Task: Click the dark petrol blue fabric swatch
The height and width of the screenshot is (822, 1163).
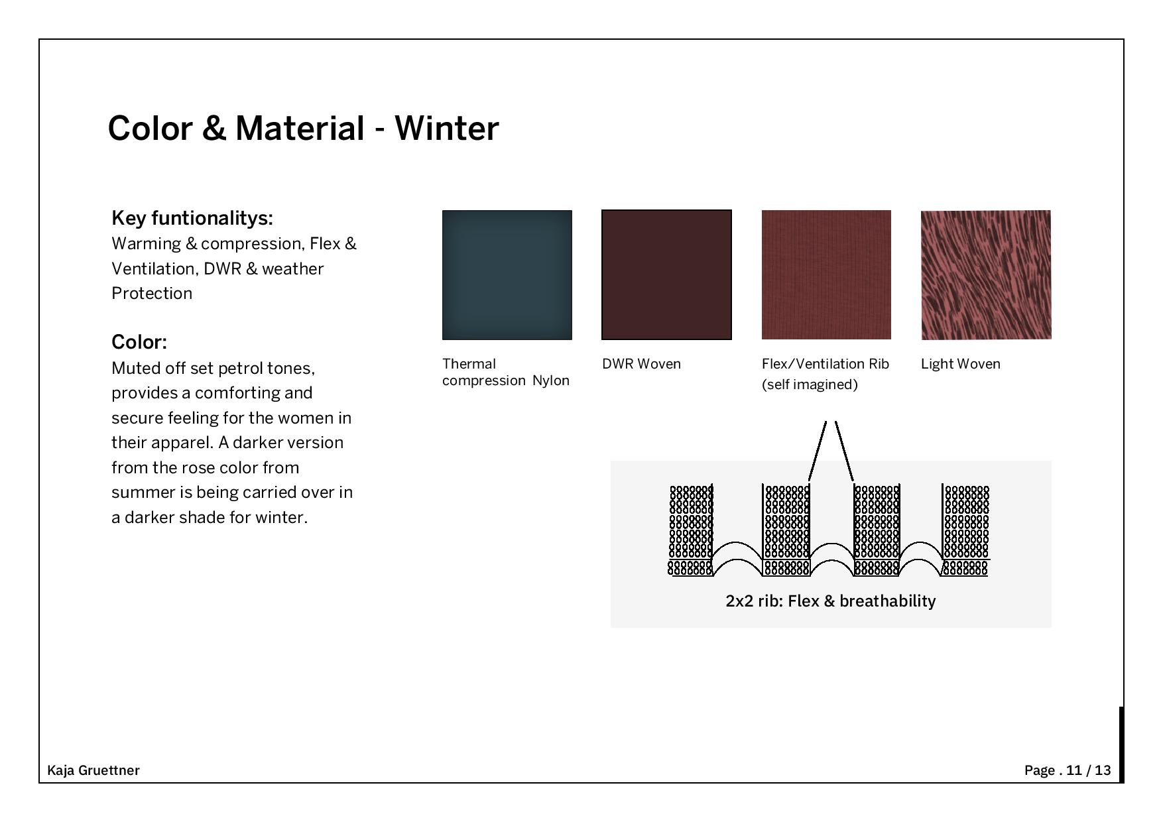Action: (507, 275)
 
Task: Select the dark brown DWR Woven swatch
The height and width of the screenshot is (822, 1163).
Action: (666, 275)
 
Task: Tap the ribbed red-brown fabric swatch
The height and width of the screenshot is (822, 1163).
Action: (826, 275)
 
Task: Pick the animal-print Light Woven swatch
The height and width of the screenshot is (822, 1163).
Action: (986, 275)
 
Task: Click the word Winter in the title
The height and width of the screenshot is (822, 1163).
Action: (447, 128)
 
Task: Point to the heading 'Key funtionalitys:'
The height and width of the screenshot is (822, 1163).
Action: (192, 218)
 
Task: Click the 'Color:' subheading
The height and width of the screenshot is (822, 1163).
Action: (139, 342)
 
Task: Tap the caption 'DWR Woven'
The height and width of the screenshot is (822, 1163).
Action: (641, 364)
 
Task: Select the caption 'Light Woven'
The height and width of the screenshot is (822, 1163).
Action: (961, 364)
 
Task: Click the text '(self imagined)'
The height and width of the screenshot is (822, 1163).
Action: (810, 384)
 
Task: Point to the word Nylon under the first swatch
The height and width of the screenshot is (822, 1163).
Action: (551, 381)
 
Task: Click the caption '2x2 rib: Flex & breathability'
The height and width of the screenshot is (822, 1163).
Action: (831, 601)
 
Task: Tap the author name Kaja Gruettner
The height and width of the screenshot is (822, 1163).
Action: (93, 770)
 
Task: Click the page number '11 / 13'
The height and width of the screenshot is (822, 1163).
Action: (1089, 770)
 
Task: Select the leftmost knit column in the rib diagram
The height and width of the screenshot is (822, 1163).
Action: (691, 530)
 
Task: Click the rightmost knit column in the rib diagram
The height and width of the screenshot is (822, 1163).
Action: (965, 530)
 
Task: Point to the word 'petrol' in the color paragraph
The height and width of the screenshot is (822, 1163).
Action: (241, 369)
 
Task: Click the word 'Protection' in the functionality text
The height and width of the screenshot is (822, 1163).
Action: (152, 294)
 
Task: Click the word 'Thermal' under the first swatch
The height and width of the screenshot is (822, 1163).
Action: (469, 364)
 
